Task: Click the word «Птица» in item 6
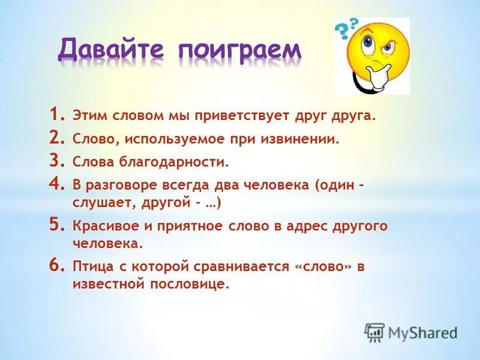coord(91,266)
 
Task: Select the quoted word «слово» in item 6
coord(322,266)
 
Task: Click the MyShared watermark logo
coord(411,332)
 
